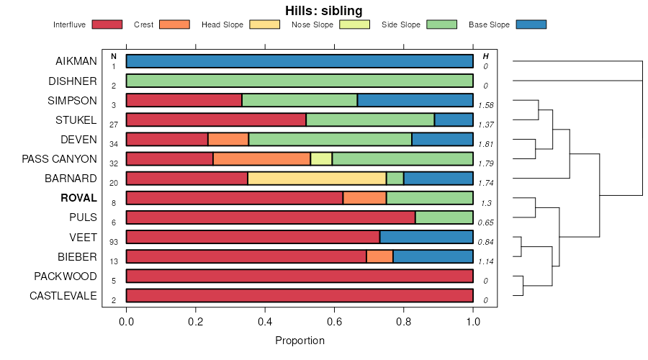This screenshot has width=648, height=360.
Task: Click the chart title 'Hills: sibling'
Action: pyautogui.click(x=323, y=10)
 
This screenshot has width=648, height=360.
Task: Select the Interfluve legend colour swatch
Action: pyautogui.click(x=107, y=24)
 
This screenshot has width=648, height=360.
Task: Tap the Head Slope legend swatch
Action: pyautogui.click(x=264, y=24)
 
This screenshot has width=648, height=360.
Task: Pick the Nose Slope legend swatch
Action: pyautogui.click(x=354, y=24)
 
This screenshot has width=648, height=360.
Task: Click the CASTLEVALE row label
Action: pyautogui.click(x=63, y=295)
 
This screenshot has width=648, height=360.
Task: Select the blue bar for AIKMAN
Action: pyautogui.click(x=300, y=61)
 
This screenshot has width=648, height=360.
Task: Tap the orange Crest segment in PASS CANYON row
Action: pyautogui.click(x=261, y=159)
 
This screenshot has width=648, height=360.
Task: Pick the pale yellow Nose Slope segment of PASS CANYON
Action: pyautogui.click(x=321, y=159)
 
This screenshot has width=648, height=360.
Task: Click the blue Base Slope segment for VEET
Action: pyautogui.click(x=426, y=237)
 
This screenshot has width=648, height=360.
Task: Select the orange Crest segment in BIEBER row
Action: pyautogui.click(x=379, y=256)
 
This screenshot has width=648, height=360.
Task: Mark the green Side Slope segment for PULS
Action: pyautogui.click(x=444, y=217)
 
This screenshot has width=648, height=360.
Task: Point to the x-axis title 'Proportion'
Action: pyautogui.click(x=300, y=340)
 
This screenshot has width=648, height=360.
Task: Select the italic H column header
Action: pyautogui.click(x=486, y=56)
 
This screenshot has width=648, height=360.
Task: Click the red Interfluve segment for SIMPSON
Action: pyautogui.click(x=184, y=100)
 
